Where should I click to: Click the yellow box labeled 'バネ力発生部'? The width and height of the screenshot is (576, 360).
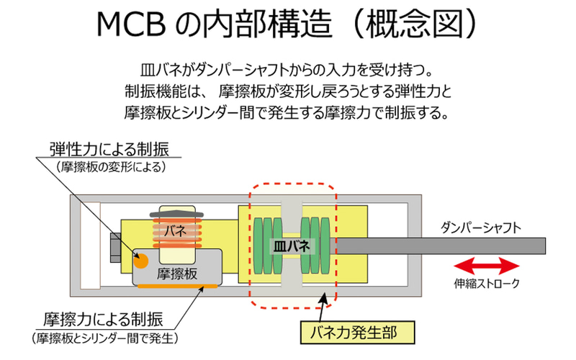point(358,333)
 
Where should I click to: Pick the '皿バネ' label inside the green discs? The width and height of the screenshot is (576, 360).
point(291,245)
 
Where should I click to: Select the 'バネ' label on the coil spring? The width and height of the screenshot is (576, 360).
point(176,230)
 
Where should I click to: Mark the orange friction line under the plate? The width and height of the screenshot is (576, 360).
point(174,288)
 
